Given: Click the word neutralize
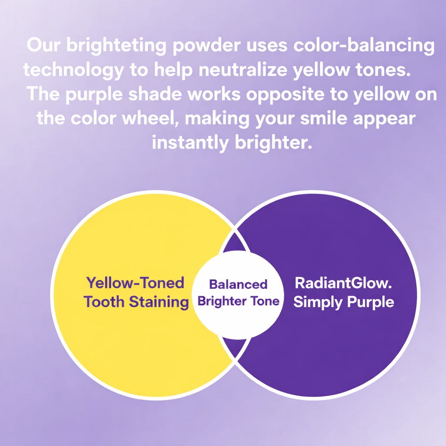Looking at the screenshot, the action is click(243, 70).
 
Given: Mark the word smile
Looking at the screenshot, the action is click(324, 118).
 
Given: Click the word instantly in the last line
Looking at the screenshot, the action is click(190, 142).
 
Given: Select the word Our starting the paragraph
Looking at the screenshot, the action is click(44, 45).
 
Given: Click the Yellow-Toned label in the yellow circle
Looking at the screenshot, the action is click(135, 283).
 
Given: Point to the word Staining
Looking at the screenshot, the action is click(159, 302).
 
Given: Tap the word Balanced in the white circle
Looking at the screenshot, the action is click(238, 284).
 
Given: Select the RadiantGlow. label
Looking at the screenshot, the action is click(343, 283).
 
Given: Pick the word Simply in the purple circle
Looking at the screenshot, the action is click(318, 302).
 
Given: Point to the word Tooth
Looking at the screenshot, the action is click(104, 302).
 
